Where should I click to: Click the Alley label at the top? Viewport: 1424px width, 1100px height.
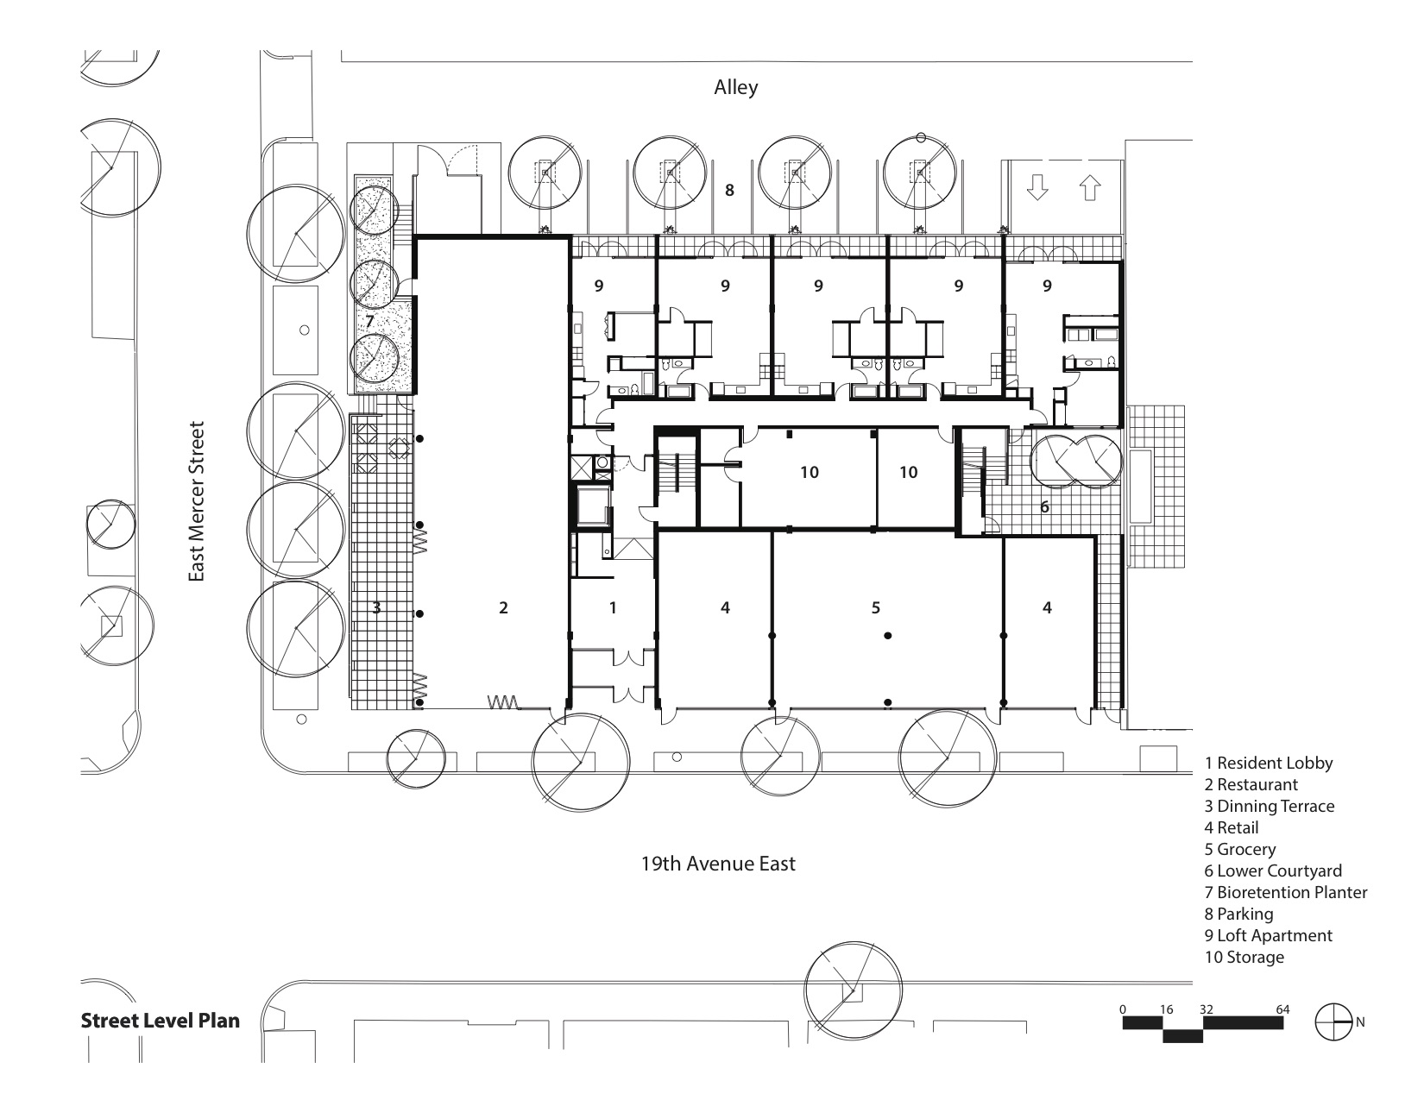pos(736,87)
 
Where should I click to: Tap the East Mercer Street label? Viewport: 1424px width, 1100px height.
pos(197,501)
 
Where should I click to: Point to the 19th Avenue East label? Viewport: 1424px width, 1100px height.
pos(718,864)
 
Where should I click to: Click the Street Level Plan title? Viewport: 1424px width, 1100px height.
pos(161,1021)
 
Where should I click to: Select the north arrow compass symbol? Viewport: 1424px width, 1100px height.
pos(1333,1022)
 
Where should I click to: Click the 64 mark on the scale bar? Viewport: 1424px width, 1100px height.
pos(1282,1009)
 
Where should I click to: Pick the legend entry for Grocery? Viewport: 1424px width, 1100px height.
pos(1240,850)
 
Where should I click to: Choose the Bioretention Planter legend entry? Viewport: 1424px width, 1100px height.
pos(1286,892)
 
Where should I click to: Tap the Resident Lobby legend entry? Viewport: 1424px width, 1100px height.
pos(1269,764)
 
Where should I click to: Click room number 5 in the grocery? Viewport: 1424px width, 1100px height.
pos(875,608)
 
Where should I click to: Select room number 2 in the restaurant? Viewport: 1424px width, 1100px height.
pos(503,608)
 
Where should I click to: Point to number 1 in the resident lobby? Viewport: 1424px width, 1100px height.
pos(613,608)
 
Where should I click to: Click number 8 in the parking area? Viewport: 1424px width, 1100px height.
pos(729,191)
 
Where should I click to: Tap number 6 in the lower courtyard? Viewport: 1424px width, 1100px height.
pos(1044,506)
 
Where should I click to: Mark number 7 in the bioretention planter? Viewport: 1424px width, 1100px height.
pos(369,322)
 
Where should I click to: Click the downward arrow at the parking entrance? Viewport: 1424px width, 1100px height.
pos(1037,187)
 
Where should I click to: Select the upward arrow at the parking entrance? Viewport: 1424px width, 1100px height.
pos(1090,187)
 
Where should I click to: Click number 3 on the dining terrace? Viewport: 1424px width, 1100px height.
pos(377,608)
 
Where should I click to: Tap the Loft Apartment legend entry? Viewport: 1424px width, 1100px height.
pos(1268,936)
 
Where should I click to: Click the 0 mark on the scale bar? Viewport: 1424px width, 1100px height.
pos(1123,1009)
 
